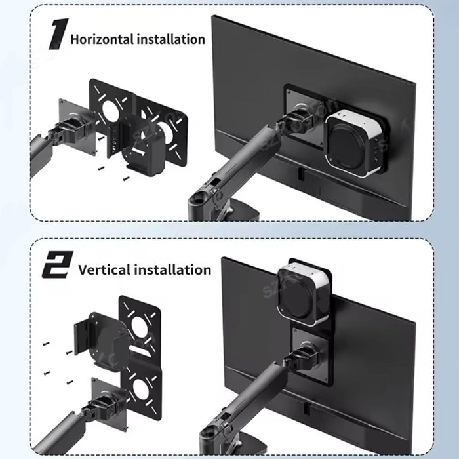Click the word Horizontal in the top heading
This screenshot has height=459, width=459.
(102, 39)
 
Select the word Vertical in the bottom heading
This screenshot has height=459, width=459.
(104, 269)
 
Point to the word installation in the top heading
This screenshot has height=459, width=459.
(170, 39)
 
